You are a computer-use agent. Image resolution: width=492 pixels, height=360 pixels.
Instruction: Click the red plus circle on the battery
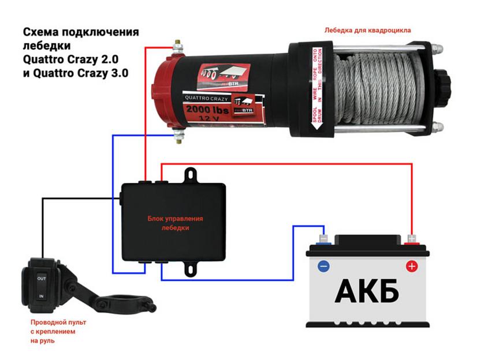pyautogui.click(x=411, y=267)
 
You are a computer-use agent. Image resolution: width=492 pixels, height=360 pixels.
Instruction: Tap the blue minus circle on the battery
pyautogui.click(x=323, y=267)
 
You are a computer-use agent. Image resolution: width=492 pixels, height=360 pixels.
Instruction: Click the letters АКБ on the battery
pyautogui.click(x=367, y=291)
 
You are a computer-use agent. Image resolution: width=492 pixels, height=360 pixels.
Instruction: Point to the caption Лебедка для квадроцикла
pyautogui.click(x=368, y=30)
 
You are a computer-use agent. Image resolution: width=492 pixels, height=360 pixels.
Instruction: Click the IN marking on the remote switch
pyautogui.click(x=41, y=296)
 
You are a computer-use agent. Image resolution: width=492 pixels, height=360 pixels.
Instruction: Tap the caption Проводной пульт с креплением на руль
pyautogui.click(x=53, y=332)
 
